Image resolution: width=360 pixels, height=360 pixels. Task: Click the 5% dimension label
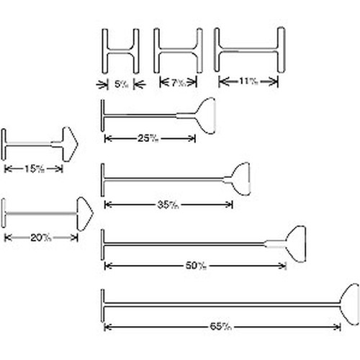(120, 84)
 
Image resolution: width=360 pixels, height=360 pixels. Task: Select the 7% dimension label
(178, 84)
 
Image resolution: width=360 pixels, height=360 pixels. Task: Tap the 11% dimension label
(248, 81)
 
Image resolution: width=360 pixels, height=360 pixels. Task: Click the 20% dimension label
(40, 237)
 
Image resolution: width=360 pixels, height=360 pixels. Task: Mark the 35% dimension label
(167, 204)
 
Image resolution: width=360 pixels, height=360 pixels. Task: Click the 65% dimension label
(220, 327)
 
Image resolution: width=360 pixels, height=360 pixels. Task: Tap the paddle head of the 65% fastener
(348, 304)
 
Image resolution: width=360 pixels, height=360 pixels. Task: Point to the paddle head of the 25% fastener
(205, 114)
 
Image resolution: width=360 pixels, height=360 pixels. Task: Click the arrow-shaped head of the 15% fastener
(70, 143)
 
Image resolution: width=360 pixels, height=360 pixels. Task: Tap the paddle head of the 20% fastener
(84, 213)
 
